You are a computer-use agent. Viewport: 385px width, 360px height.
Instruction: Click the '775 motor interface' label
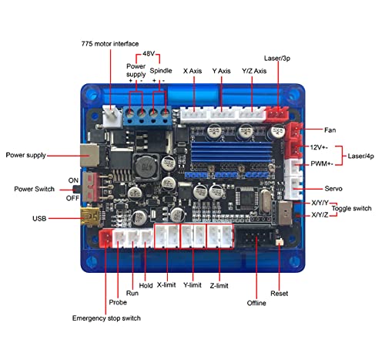(x=110, y=44)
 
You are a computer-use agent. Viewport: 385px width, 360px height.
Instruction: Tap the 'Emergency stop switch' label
(x=106, y=318)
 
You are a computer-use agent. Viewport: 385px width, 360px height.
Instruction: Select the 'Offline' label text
(x=256, y=303)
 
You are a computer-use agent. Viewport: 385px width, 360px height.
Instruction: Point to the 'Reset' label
(x=279, y=293)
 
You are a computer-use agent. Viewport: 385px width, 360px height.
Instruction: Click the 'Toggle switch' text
(x=351, y=208)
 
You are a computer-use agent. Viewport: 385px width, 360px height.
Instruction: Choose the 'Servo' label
(x=333, y=189)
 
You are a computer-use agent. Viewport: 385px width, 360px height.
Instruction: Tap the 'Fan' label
(x=330, y=130)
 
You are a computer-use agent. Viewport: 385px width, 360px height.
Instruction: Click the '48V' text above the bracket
(x=149, y=53)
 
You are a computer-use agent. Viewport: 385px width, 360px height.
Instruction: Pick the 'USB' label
(x=39, y=218)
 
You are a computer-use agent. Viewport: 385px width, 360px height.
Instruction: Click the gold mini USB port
(x=89, y=216)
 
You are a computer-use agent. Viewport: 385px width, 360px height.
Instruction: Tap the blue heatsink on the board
(x=231, y=152)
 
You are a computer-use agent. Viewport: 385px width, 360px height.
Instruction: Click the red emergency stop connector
(x=105, y=238)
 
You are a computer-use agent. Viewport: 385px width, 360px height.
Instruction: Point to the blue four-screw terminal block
(x=148, y=117)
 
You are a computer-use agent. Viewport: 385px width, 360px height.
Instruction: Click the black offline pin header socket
(x=253, y=238)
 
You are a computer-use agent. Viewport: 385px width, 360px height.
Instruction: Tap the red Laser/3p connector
(x=277, y=113)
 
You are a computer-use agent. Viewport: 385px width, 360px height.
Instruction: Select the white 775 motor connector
(x=112, y=116)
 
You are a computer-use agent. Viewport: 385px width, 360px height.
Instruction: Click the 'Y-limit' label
(x=192, y=285)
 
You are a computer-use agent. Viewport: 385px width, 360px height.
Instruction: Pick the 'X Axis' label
(x=192, y=71)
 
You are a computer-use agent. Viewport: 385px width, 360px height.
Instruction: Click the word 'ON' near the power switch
(x=73, y=180)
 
